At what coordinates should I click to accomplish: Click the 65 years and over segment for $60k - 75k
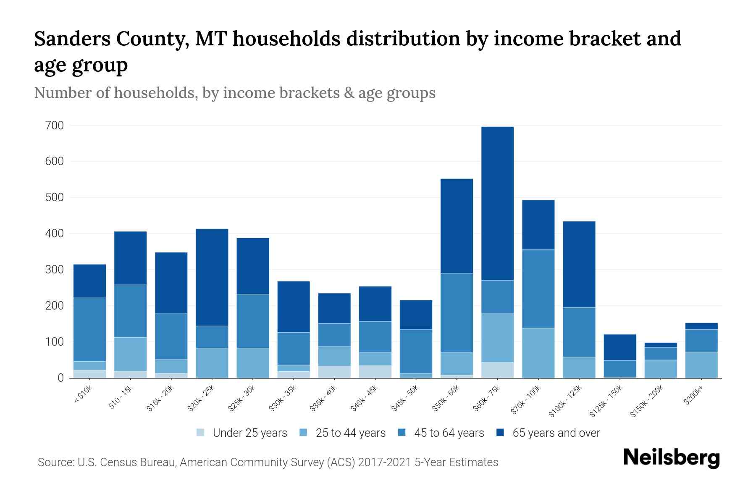pyautogui.click(x=497, y=203)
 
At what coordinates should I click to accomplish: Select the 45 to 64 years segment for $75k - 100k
pyautogui.click(x=538, y=289)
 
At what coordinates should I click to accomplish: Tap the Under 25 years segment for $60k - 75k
pyautogui.click(x=497, y=370)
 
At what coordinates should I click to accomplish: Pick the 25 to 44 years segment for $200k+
pyautogui.click(x=701, y=365)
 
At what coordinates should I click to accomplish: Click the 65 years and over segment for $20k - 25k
pyautogui.click(x=212, y=277)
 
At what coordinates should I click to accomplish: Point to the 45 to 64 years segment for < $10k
pyautogui.click(x=89, y=329)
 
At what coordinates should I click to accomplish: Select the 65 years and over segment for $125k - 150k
pyautogui.click(x=619, y=347)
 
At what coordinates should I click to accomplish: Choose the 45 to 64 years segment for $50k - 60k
pyautogui.click(x=457, y=313)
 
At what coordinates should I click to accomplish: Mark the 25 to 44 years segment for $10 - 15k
pyautogui.click(x=130, y=354)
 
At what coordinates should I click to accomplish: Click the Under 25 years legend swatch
pyautogui.click(x=200, y=432)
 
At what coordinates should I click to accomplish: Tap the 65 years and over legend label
pyautogui.click(x=556, y=433)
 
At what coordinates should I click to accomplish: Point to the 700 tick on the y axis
pyautogui.click(x=55, y=126)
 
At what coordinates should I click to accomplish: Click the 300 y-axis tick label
pyautogui.click(x=55, y=270)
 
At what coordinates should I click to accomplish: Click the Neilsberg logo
pyautogui.click(x=671, y=458)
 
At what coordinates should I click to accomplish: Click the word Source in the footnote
pyautogui.click(x=55, y=462)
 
